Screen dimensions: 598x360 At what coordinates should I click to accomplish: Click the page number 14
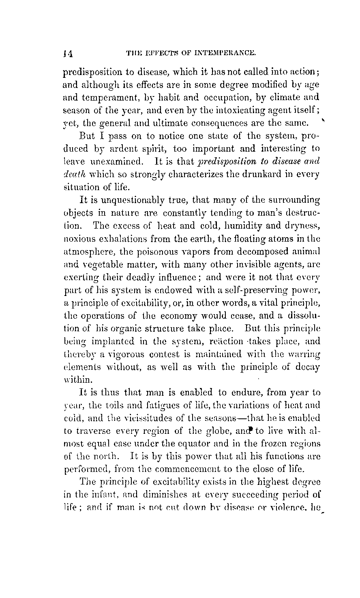68,53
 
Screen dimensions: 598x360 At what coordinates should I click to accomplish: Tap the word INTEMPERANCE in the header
226,53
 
